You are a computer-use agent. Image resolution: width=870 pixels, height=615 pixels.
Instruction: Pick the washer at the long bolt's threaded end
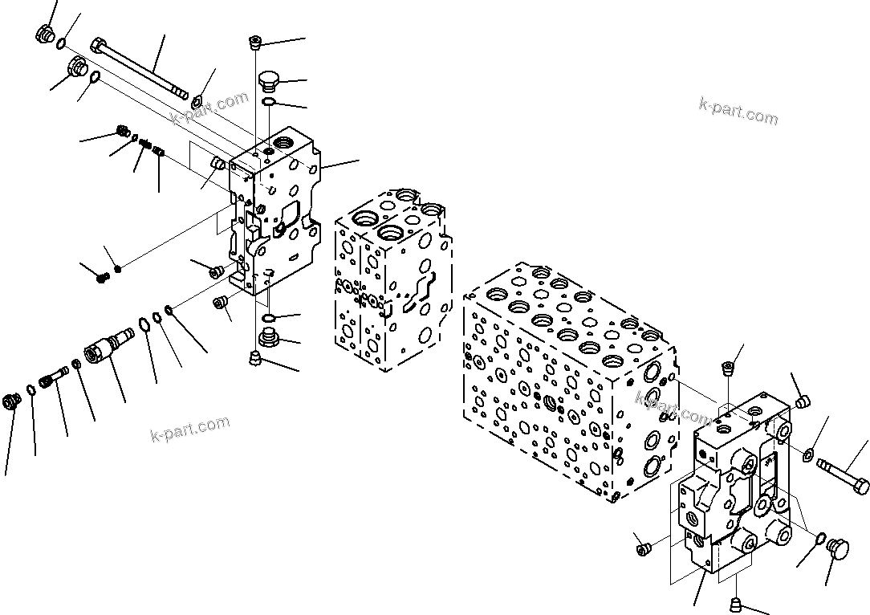coord(196,100)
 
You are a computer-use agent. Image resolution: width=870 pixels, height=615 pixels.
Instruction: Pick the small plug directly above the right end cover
coord(729,369)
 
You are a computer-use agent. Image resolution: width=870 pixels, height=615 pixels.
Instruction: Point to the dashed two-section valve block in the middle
coord(392,281)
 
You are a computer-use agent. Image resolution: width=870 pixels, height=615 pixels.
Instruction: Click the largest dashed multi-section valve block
coord(570,377)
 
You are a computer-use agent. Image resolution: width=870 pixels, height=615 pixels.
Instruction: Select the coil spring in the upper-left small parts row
coord(146,145)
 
